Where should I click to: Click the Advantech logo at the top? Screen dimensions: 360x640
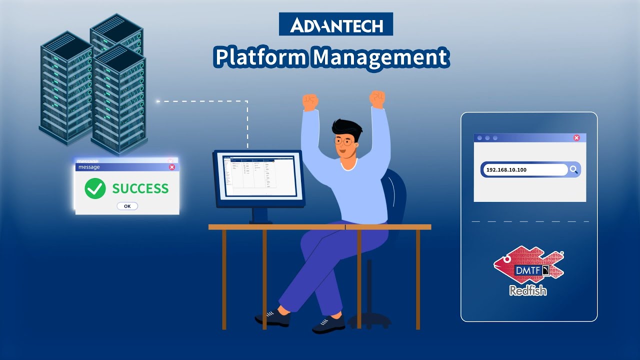point(336,24)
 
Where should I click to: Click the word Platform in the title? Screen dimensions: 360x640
point(259,57)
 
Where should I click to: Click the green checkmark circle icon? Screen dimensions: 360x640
point(95,188)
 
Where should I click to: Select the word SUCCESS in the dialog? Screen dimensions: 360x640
point(140,188)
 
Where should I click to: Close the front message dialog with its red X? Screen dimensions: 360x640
point(172,167)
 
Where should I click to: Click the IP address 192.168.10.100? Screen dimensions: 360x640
point(506,170)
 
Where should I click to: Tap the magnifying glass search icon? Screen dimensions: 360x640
point(573,170)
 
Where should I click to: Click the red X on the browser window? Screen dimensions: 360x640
point(576,138)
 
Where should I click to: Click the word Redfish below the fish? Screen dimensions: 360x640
point(528,290)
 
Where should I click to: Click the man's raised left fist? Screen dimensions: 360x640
point(377,98)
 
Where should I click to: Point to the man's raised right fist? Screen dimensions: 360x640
point(310,102)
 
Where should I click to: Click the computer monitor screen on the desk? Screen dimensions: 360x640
point(259,174)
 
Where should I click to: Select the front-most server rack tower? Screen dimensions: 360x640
point(118,100)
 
